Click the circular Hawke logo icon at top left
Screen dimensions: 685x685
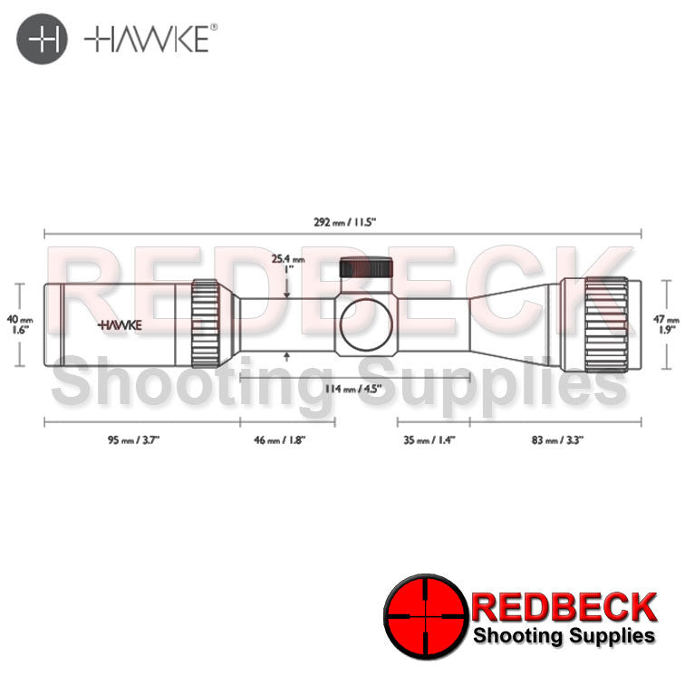coord(43,41)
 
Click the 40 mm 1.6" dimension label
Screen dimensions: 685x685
coord(25,324)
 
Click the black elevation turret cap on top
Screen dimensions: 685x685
coord(367,270)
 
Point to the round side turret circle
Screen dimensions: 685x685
coord(367,323)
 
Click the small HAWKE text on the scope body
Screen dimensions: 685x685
coord(114,323)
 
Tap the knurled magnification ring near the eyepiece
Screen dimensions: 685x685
coord(205,323)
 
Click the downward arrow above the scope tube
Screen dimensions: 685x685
coord(286,292)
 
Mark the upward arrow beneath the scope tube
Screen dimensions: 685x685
coord(286,356)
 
